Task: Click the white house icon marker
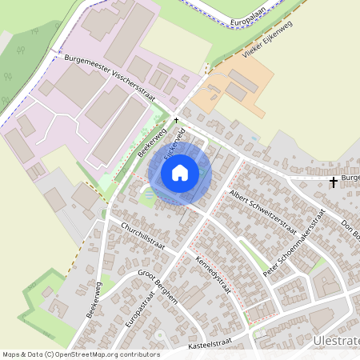click(x=180, y=172)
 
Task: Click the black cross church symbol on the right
click(x=334, y=182)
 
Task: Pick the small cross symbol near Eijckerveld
click(x=177, y=119)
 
